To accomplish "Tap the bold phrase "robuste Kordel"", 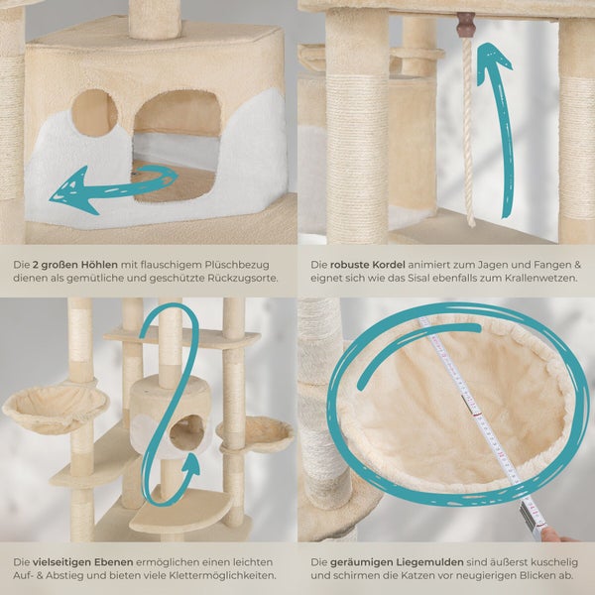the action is (367, 265).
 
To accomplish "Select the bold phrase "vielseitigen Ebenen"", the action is (82, 562).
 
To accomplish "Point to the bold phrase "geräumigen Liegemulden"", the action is (397, 562).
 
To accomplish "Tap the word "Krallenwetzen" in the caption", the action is (540, 278).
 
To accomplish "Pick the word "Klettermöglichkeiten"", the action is (223, 575).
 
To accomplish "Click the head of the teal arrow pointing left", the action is (72, 190).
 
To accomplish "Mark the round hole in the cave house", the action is (94, 113).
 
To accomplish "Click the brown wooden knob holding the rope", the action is (466, 25).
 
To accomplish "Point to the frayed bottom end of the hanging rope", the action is (471, 222).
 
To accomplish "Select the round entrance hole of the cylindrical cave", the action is (187, 432).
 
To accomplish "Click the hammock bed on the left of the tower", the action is (55, 408).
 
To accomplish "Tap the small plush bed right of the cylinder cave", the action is (256, 433).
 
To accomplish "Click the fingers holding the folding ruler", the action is (556, 535).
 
